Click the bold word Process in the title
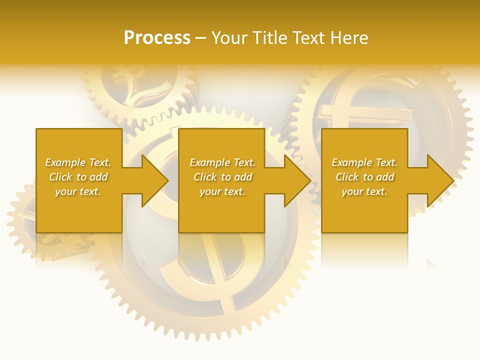click(157, 38)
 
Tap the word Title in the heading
click(268, 38)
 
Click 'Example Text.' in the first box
click(78, 162)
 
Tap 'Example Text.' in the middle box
click(222, 162)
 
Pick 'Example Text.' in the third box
click(364, 162)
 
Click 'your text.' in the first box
click(78, 191)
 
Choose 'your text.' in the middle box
click(222, 191)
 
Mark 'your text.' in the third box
click(364, 191)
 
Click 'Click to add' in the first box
click(78, 177)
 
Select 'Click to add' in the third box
click(364, 177)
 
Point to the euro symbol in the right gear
click(345, 110)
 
